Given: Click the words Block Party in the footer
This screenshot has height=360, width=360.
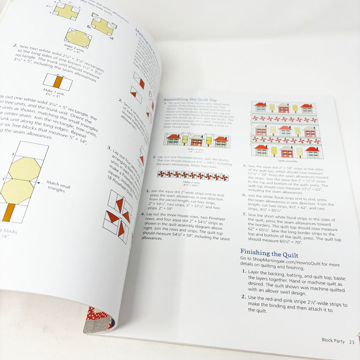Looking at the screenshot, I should pyautogui.click(x=333, y=340).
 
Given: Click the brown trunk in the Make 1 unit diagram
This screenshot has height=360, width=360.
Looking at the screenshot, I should pyautogui.click(x=58, y=82).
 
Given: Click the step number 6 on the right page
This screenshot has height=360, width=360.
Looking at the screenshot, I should pyautogui.click(x=244, y=195).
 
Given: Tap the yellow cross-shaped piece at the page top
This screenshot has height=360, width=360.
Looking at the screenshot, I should pyautogui.click(x=66, y=11).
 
